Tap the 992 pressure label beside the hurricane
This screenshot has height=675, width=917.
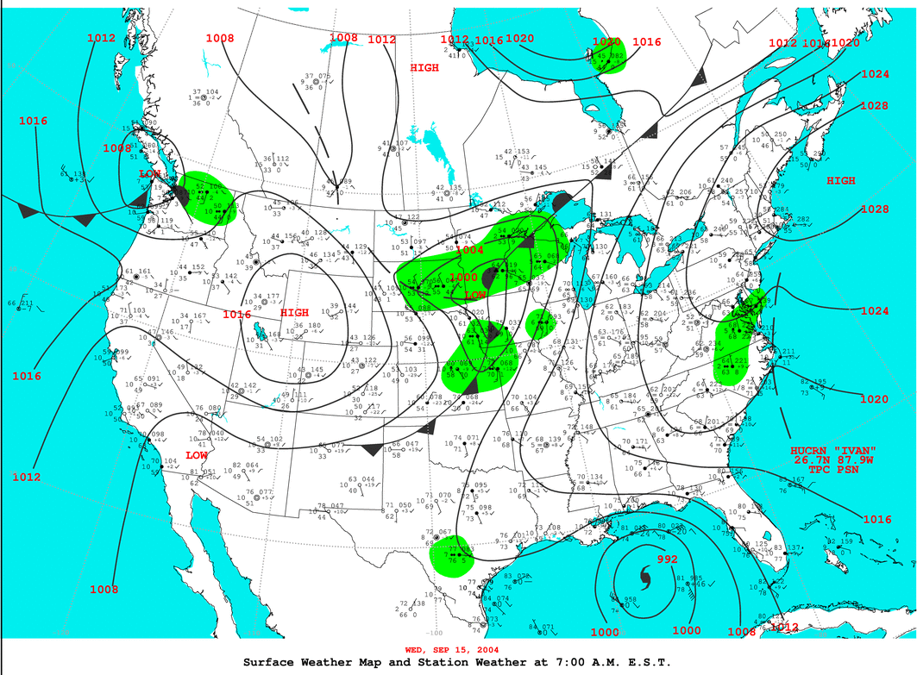(x=667, y=559)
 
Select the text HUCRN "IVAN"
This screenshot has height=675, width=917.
(x=833, y=451)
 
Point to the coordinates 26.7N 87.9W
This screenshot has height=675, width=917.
(x=833, y=460)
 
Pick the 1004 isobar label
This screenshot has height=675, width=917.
(x=469, y=250)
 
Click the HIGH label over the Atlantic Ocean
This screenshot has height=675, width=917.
(x=841, y=181)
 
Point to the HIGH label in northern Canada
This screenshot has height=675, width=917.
(x=424, y=67)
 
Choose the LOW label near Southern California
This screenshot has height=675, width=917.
(x=196, y=454)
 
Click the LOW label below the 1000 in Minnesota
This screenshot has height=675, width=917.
(x=475, y=295)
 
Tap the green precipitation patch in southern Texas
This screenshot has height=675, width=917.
(x=454, y=553)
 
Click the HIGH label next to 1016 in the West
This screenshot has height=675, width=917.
(x=294, y=313)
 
